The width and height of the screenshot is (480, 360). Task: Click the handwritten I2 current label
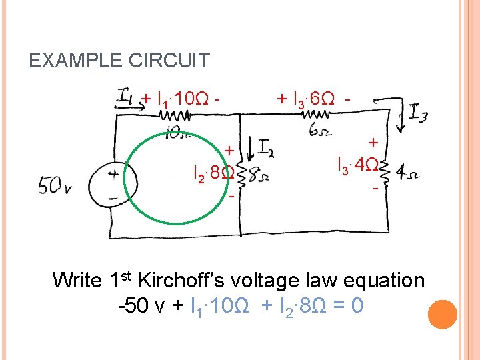click(x=265, y=147)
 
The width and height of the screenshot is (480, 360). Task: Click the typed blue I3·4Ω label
click(x=359, y=164)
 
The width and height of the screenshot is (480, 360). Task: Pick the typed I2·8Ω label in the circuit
click(x=212, y=175)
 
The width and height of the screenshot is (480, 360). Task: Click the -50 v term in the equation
click(x=143, y=307)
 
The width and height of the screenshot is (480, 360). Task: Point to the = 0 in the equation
click(x=347, y=307)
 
